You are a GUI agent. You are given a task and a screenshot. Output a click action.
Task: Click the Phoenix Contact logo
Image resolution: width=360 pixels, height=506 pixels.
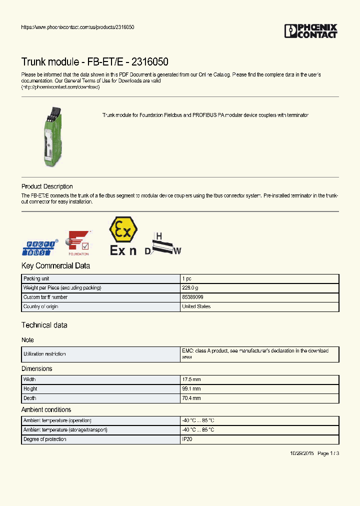pyautogui.click(x=310, y=31)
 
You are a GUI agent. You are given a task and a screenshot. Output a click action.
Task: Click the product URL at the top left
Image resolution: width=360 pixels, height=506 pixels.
pyautogui.click(x=77, y=27)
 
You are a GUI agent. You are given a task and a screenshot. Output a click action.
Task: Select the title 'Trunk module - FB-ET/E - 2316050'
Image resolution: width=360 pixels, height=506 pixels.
pyautogui.click(x=94, y=62)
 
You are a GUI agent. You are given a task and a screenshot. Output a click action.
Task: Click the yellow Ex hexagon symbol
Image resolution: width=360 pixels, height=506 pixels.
pyautogui.click(x=123, y=230)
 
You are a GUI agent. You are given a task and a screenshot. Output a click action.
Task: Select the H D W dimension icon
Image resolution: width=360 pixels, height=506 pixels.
pyautogui.click(x=163, y=244)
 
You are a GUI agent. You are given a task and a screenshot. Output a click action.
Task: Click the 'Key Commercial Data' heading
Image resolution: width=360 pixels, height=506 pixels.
pyautogui.click(x=55, y=266)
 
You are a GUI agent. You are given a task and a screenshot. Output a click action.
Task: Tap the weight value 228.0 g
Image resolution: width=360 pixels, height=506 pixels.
pyautogui.click(x=190, y=288)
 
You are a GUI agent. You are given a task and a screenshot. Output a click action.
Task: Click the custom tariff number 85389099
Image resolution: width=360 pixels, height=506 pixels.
pyautogui.click(x=192, y=297)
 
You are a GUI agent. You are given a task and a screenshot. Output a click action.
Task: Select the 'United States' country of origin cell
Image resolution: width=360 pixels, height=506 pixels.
pyautogui.click(x=196, y=306)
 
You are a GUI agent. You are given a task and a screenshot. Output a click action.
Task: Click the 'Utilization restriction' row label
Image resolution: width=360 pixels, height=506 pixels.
pyautogui.click(x=44, y=354)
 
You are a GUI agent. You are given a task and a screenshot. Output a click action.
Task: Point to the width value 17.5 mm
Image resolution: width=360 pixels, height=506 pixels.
pyautogui.click(x=191, y=379)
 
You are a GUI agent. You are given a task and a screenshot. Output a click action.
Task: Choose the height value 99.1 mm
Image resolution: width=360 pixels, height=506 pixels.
pyautogui.click(x=191, y=389)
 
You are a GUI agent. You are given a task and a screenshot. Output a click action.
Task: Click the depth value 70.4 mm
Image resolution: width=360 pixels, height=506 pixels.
pyautogui.click(x=191, y=398)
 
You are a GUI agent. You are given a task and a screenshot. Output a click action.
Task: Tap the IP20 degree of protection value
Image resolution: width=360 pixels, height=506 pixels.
pyautogui.click(x=187, y=439)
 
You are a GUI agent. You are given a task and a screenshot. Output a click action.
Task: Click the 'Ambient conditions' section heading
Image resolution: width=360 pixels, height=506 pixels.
pyautogui.click(x=46, y=409)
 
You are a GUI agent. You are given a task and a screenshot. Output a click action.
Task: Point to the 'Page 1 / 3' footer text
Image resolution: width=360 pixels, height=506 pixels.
pyautogui.click(x=328, y=453)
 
